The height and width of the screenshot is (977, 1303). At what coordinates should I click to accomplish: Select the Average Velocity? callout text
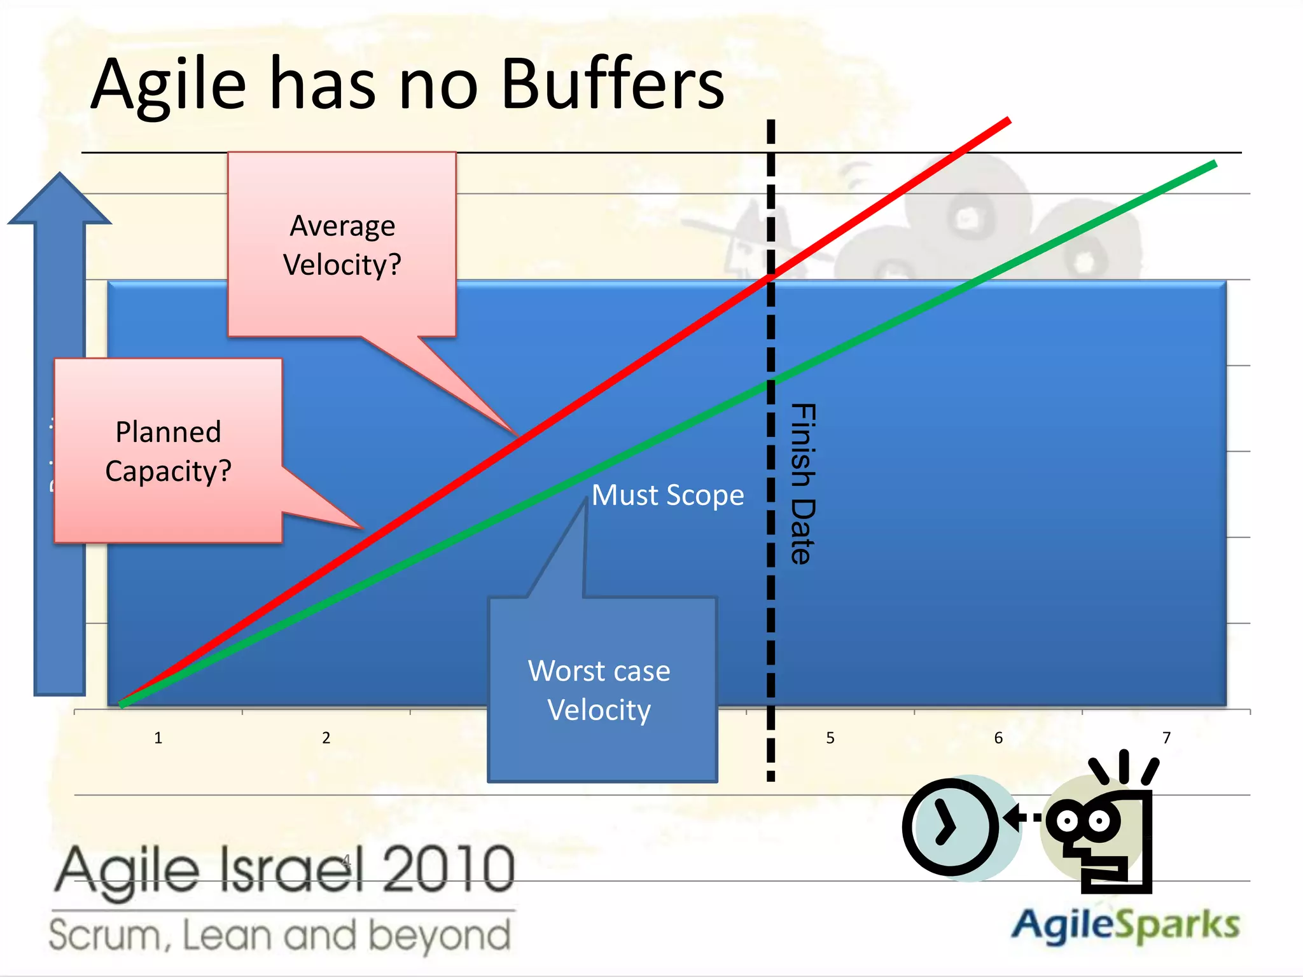[x=342, y=246]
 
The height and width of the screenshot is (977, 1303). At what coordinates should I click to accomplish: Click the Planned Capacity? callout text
[x=169, y=452]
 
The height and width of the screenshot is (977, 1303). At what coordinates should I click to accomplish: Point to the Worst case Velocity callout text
[x=599, y=690]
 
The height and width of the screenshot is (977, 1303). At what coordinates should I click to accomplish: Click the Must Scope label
[x=667, y=495]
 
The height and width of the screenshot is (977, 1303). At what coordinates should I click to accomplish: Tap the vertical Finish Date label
[x=802, y=483]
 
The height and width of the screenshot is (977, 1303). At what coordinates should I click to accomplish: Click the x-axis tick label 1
[x=158, y=738]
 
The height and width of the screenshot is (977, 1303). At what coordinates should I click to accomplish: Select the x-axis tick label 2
[x=326, y=738]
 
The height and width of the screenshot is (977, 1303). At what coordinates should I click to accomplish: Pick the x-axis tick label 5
[x=830, y=738]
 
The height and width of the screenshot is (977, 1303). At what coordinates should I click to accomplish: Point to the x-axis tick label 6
[x=998, y=738]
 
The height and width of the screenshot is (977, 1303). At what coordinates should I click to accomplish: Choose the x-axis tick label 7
[x=1166, y=738]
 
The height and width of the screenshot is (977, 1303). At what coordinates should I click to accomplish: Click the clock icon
[x=951, y=827]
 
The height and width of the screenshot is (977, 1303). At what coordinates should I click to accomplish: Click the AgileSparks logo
[x=1125, y=925]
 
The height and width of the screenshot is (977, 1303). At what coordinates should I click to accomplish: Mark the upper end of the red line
[x=1008, y=120]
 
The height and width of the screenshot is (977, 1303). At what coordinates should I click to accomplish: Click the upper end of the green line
[x=1214, y=164]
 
